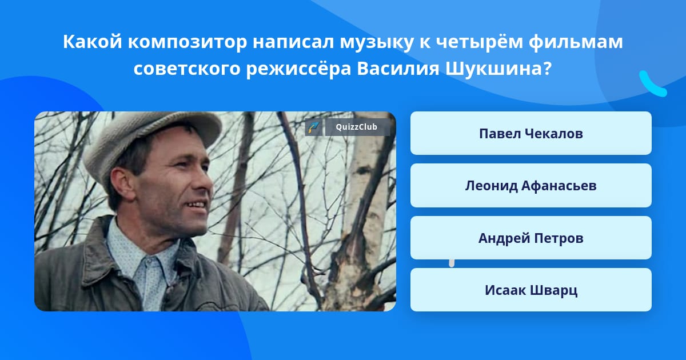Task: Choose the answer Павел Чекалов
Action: (531, 133)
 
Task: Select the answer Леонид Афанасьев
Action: (531, 186)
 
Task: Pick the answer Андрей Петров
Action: (531, 238)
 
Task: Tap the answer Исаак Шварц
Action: (531, 290)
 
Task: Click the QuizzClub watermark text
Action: (357, 127)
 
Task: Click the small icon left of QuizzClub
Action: (313, 127)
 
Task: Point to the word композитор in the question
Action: (187, 42)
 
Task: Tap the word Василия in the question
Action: (398, 68)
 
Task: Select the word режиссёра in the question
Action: (298, 68)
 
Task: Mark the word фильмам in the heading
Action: (576, 42)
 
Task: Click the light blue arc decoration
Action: (652, 85)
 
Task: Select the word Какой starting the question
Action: (93, 42)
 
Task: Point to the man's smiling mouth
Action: (196, 206)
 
